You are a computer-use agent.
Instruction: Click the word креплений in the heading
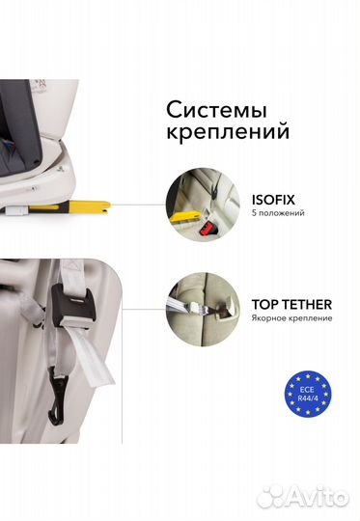[241, 130]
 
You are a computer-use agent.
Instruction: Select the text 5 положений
[278, 213]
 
